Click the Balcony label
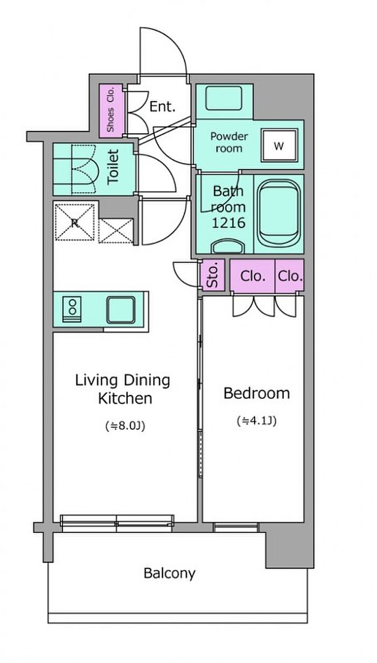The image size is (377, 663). point(170,574)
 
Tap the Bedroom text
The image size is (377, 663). point(256,393)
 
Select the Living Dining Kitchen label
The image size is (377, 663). point(123,389)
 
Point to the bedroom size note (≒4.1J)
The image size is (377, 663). point(257,420)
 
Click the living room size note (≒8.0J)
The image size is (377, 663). point(125,426)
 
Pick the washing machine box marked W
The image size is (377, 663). point(279,146)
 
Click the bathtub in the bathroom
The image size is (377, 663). point(279,212)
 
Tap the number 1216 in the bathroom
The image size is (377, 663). point(228,223)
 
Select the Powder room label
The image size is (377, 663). point(229,142)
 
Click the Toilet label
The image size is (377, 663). point(113,167)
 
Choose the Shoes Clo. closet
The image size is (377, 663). point(110,110)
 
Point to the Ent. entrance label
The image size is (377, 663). point(163,107)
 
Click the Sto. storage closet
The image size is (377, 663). point(212,275)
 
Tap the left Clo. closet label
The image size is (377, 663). point(253,276)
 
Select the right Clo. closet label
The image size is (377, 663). point(290,276)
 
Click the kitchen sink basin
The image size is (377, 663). point(121,309)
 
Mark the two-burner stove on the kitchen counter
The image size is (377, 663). point(72,309)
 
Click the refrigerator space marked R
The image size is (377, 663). point(75,222)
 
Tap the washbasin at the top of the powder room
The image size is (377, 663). point(224,98)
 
